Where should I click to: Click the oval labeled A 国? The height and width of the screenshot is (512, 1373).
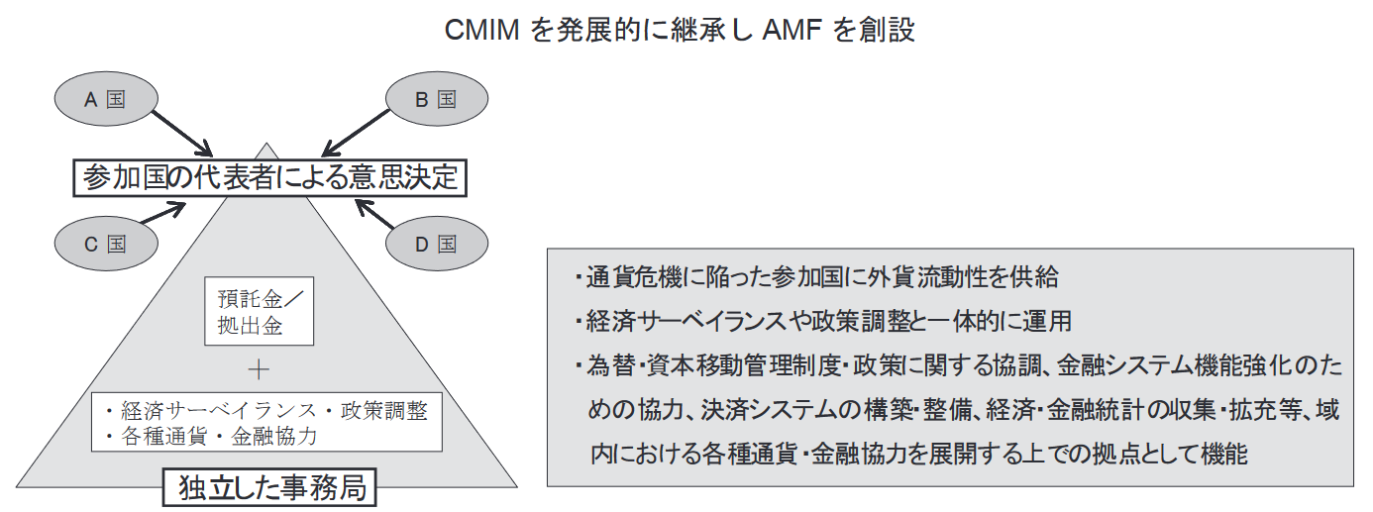(x=103, y=99)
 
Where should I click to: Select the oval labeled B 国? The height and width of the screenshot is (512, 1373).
(x=435, y=99)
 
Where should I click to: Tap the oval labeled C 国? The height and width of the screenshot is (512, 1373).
(x=104, y=244)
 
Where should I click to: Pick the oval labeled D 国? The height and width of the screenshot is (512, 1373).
(x=435, y=244)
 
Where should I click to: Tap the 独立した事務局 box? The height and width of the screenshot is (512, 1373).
(x=269, y=487)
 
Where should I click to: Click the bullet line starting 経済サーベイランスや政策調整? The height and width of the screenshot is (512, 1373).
(x=823, y=322)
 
